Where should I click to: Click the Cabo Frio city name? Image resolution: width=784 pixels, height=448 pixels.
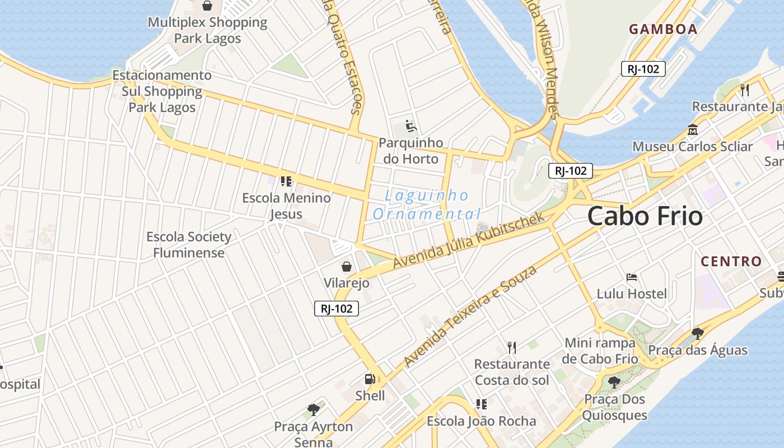pos(645,216)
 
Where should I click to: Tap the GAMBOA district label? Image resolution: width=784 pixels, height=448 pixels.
pos(663,29)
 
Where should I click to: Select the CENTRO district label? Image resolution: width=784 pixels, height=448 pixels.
pos(731,261)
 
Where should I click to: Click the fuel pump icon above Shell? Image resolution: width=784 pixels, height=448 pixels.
pos(370,379)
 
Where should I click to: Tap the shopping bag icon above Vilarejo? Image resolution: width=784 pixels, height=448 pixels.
pos(347,266)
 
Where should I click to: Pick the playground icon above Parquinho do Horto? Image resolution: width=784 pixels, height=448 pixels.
pos(411,126)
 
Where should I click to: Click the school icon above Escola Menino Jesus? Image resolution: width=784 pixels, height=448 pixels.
pos(286,181)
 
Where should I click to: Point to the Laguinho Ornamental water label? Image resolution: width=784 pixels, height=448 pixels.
pos(427,204)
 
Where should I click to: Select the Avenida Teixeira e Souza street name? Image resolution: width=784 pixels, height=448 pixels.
pos(470,316)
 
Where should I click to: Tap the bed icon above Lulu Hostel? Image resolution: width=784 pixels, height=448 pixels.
pos(632,277)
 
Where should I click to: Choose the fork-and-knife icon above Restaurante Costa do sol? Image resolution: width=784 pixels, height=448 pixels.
pos(511,347)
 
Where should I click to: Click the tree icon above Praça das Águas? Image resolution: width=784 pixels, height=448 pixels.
pos(697,334)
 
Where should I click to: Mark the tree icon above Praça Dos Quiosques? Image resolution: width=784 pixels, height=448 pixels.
pos(614,382)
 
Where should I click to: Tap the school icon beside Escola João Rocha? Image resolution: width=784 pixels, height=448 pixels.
pos(481,404)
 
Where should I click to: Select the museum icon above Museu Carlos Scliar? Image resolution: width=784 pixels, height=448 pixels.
pos(693,130)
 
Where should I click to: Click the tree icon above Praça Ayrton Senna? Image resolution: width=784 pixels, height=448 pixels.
pos(314,410)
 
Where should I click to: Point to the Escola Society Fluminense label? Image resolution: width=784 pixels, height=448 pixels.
pos(189,245)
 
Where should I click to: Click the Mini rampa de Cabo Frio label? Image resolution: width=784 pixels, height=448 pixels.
pos(601,351)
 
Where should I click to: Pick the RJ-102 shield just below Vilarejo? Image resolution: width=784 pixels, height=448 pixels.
pos(337,308)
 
